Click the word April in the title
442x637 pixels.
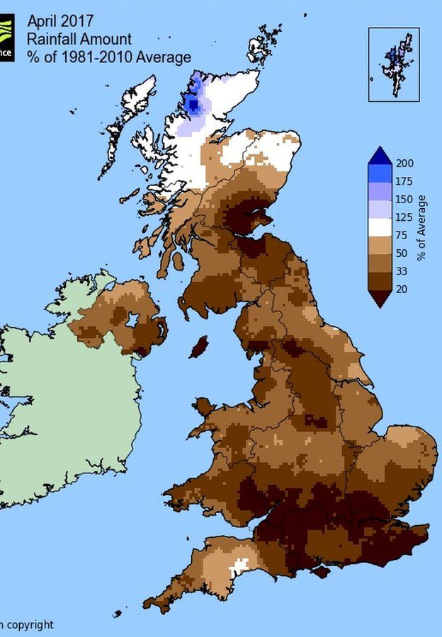point(41,21)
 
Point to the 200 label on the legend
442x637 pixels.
point(407,163)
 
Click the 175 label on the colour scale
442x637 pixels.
point(407,181)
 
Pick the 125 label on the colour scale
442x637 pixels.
point(407,217)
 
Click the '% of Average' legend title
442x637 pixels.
point(423,226)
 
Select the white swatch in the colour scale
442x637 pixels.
point(380,226)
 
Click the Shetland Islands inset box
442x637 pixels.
point(394,64)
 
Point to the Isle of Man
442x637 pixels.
point(200,347)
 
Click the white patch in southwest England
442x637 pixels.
point(241,566)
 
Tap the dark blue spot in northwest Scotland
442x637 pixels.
point(193,106)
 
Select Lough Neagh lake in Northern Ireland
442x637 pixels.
point(132,320)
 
